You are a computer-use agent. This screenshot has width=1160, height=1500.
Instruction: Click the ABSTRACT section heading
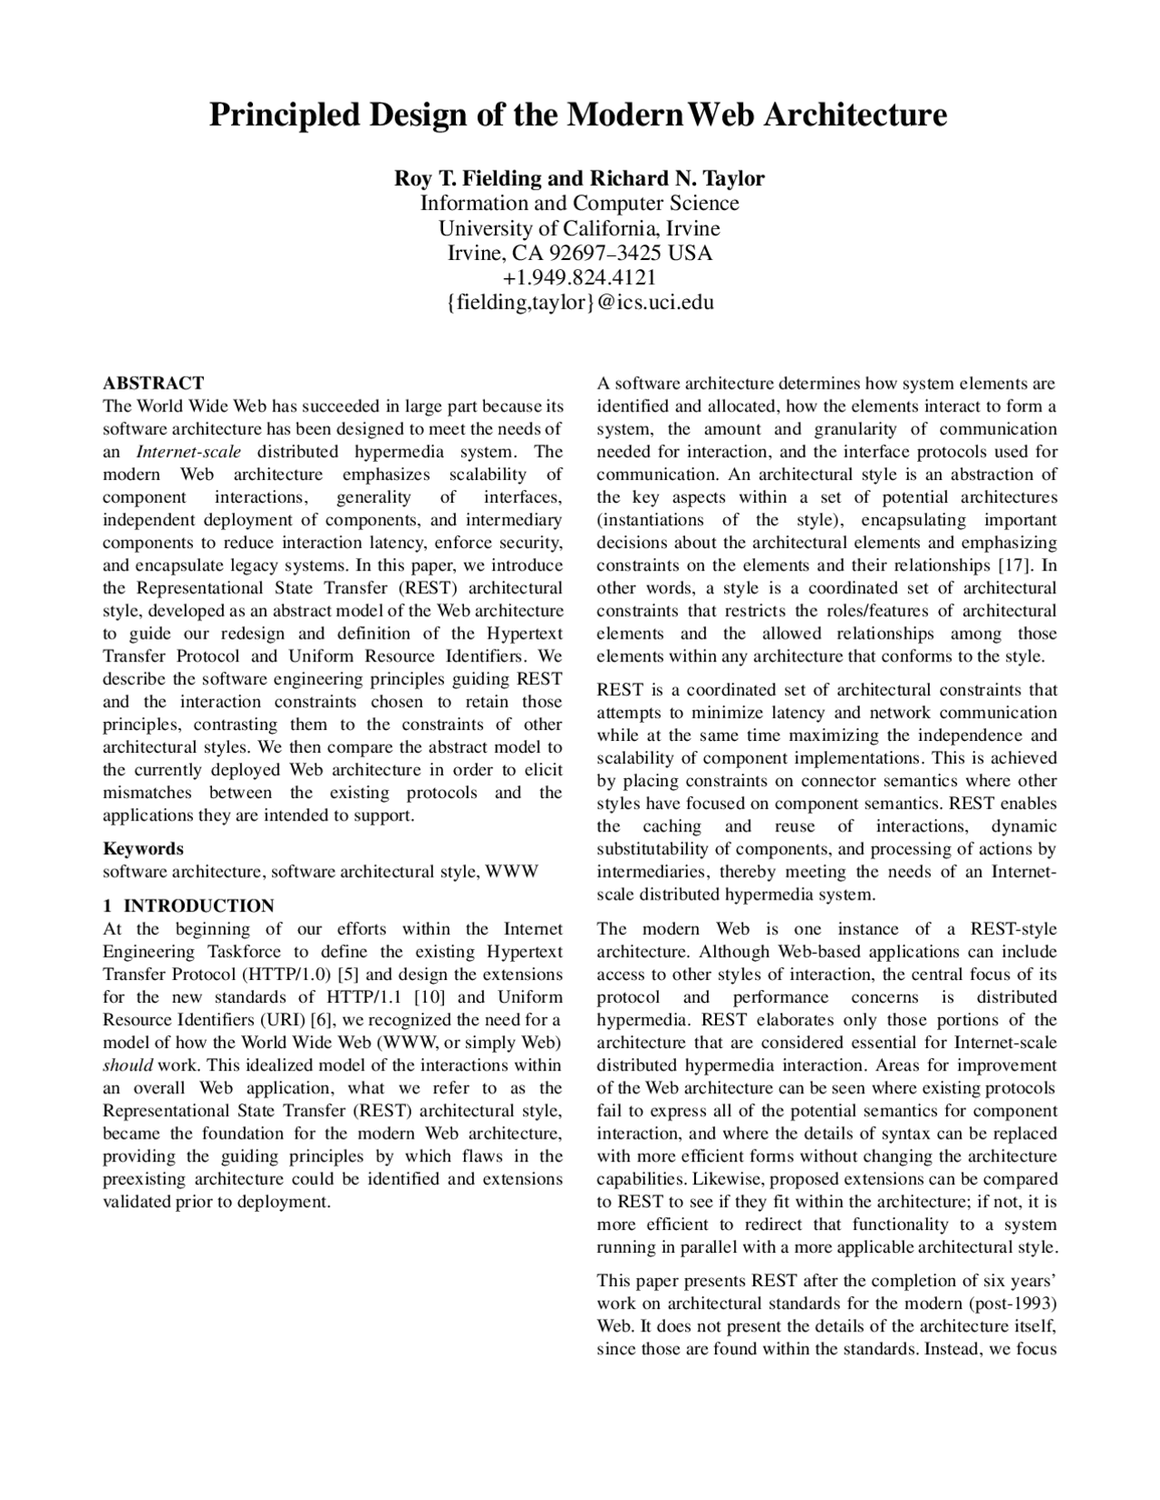pos(153,383)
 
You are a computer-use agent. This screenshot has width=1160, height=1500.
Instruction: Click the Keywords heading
pos(143,849)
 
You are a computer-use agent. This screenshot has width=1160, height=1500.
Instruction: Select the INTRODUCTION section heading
pos(198,906)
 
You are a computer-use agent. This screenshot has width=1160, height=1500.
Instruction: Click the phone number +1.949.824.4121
pos(579,277)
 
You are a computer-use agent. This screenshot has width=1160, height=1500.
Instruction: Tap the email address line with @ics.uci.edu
pos(579,302)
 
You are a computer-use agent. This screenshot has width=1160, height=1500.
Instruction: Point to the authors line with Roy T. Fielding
pos(579,178)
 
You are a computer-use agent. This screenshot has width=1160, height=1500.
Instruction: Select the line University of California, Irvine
pos(579,227)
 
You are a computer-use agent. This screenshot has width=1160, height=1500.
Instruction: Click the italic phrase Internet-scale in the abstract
pos(188,451)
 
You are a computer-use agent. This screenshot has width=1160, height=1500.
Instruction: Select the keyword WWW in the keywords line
pos(512,871)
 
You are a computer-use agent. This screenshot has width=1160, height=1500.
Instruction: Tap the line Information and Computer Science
pos(579,203)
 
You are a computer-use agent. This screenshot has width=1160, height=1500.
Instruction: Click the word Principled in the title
pos(279,115)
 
